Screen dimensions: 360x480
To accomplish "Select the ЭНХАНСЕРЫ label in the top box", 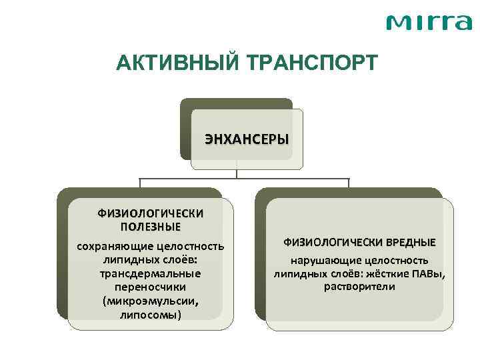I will click(246, 140).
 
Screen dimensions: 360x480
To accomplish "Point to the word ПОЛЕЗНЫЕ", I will click(151, 227).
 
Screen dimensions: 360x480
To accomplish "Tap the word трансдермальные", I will click(151, 274).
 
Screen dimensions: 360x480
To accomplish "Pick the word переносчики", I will click(151, 287).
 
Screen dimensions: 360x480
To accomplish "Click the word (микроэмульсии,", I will click(151, 301).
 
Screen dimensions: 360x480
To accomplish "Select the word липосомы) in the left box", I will click(151, 314).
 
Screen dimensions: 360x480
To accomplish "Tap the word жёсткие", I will click(390, 274).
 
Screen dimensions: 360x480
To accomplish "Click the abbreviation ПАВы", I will click(429, 274).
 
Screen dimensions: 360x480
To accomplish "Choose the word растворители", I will click(359, 287).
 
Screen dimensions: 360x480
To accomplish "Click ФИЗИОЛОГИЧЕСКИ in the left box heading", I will click(151, 214).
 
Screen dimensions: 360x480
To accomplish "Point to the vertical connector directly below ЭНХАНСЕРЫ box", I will click(237, 170).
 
